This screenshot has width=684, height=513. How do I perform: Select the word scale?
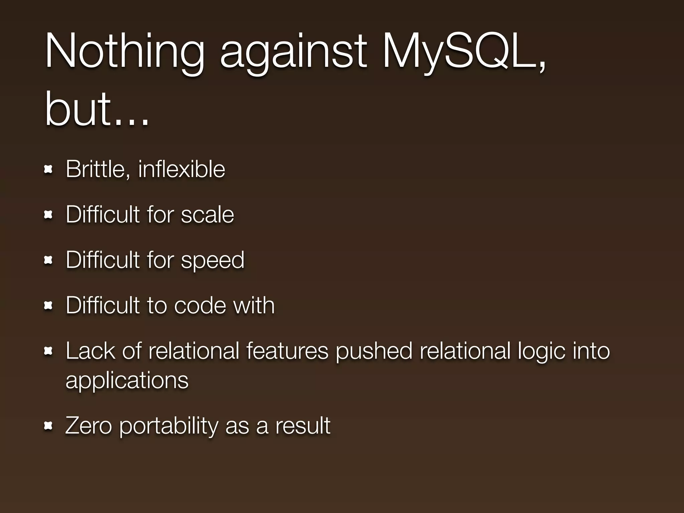click(x=207, y=214)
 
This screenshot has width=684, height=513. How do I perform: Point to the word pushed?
click(x=374, y=351)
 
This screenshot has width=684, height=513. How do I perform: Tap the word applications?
click(x=127, y=381)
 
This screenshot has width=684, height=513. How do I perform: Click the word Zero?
click(x=89, y=425)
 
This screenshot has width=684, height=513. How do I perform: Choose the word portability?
click(x=168, y=426)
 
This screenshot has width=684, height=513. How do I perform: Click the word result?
click(x=303, y=425)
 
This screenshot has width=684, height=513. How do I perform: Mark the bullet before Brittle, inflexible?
click(x=48, y=170)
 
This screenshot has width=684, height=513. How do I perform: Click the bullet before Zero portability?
click(x=48, y=426)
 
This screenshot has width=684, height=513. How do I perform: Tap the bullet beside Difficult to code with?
click(x=48, y=305)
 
